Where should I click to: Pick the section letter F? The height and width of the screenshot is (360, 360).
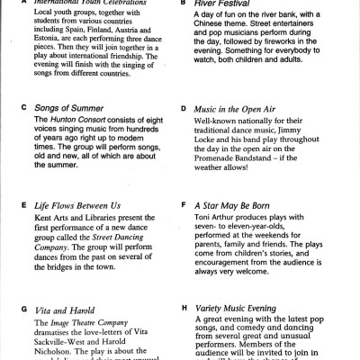coord(184,205)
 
